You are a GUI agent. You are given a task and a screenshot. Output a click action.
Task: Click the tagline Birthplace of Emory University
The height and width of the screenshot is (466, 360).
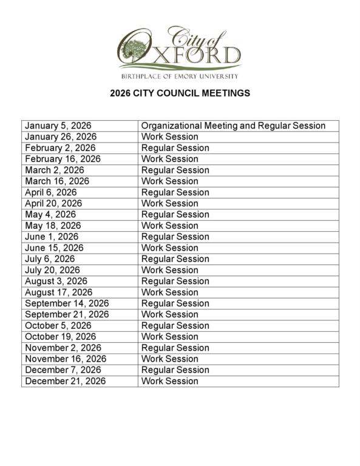180,76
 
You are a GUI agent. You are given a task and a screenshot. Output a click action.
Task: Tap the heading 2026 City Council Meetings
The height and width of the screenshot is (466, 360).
180,93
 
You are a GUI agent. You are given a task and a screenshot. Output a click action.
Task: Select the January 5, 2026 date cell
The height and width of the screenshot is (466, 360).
58,126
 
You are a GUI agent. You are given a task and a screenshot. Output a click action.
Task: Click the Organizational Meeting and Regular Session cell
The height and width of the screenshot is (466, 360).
233,126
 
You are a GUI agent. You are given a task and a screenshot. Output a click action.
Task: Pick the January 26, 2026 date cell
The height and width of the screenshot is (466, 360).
61,137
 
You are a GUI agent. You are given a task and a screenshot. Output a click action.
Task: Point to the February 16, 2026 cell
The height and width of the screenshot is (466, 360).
63,159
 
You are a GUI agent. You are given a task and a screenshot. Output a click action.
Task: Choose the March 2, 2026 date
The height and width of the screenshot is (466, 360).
55,170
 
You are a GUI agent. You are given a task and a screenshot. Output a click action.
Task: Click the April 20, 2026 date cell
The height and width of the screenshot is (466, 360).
53,203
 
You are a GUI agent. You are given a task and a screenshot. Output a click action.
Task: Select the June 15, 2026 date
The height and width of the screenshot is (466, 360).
55,248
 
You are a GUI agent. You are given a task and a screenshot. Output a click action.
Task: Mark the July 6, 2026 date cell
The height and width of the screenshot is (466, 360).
50,258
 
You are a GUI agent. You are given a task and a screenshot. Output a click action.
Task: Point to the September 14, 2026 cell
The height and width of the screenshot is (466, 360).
67,303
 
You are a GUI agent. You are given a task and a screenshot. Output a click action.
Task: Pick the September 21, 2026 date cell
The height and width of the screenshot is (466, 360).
67,314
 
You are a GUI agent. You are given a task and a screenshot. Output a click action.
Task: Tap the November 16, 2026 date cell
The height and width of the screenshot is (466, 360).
66,359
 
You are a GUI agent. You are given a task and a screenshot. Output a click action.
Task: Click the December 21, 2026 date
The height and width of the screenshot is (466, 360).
65,381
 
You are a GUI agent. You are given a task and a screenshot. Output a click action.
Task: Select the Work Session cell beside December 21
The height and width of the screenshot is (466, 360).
170,381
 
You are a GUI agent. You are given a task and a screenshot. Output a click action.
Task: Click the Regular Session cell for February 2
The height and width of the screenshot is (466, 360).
175,147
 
